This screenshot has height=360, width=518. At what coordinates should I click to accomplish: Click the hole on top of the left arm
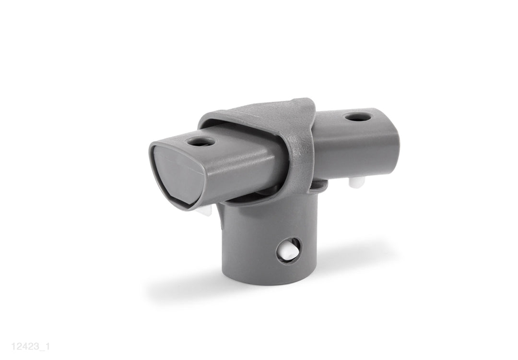click(x=200, y=141)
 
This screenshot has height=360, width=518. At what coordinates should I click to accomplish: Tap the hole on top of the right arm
click(x=357, y=116)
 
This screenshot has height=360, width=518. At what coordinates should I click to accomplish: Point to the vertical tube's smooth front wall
click(x=249, y=245)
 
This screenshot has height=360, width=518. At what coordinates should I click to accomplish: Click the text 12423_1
click(x=30, y=347)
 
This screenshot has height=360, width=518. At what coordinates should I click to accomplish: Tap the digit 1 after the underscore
click(x=47, y=347)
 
